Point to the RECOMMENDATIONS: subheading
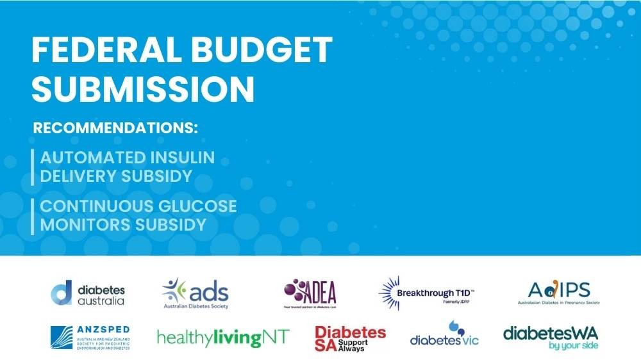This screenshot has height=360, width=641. coord(115,127)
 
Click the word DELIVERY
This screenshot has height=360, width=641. coord(80,176)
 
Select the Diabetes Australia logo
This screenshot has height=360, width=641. coord(88,293)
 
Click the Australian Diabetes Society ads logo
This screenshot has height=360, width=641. coord(196,293)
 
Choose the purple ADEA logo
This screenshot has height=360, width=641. coord(310,293)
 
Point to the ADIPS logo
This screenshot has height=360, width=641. coord(554,293)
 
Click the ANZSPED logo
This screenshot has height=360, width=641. coord(90,337)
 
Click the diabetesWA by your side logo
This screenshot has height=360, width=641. coord(551,337)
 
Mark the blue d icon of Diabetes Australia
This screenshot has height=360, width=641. coord(61,293)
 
